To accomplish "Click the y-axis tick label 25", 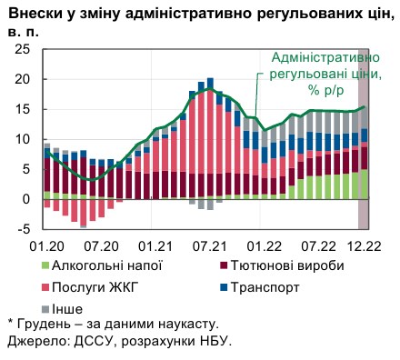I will pos(21,49).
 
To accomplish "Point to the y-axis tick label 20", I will pos(21,79).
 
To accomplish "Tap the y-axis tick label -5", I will pos(23,228).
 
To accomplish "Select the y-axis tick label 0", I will pos(25,199).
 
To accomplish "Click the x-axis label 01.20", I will pos(45,245).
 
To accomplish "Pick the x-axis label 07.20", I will pos(99,245).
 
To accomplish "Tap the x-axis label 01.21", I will pos(155,245).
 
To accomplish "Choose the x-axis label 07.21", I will pos(210,245).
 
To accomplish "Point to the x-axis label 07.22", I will pos(319,245).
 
